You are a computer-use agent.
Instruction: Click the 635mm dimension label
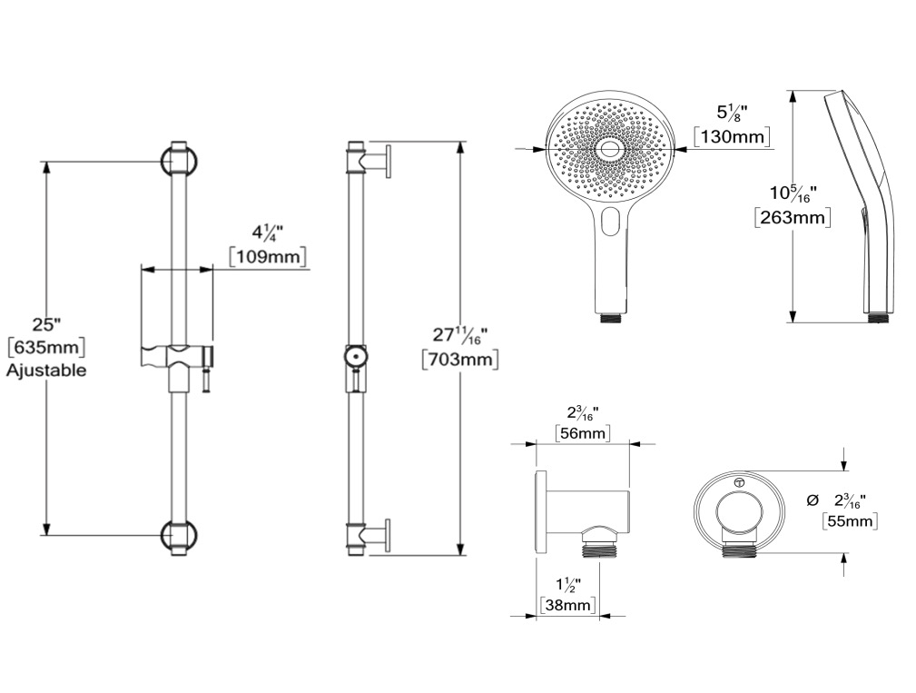[x=46, y=348]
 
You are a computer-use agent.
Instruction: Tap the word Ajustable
[x=46, y=370]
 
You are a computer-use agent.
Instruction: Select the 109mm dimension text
[x=268, y=256]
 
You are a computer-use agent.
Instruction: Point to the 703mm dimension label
[x=460, y=359]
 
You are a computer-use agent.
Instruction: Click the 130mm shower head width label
[x=732, y=136]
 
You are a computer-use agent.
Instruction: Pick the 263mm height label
[x=793, y=217]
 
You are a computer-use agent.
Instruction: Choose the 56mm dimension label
[x=583, y=433]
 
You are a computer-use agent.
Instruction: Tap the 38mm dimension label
[x=567, y=605]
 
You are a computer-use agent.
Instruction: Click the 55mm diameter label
[x=850, y=520]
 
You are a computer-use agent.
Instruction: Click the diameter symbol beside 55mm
[x=812, y=500]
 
